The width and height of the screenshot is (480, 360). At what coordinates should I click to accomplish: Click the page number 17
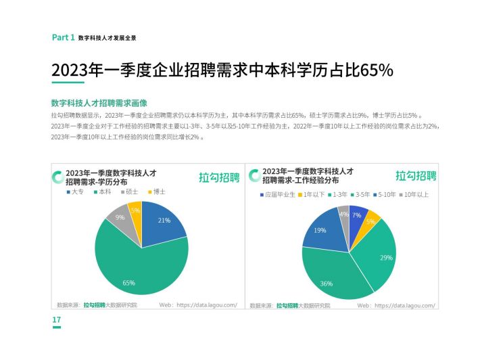click(57, 320)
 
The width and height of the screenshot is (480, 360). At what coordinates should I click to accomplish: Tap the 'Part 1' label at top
click(63, 38)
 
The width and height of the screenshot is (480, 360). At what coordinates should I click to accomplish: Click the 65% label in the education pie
click(128, 282)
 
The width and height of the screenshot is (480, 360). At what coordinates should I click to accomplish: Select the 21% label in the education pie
click(164, 221)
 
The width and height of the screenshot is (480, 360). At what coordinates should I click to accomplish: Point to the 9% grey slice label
click(120, 217)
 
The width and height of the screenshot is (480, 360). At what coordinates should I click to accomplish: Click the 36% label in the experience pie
click(327, 284)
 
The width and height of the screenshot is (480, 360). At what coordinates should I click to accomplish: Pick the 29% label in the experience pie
click(385, 258)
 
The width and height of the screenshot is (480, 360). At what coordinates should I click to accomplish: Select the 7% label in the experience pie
click(356, 215)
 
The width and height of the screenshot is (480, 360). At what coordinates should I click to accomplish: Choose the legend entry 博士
click(156, 192)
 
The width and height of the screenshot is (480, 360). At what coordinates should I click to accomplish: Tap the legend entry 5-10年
click(386, 195)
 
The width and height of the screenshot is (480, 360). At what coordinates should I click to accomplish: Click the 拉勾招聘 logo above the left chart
click(219, 177)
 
